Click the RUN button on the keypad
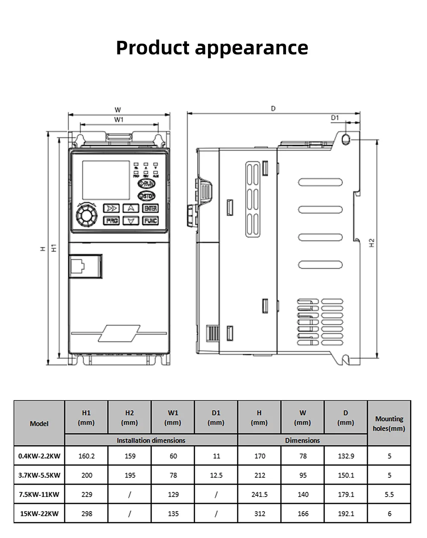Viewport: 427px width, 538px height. coord(146,184)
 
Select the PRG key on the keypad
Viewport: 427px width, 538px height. coord(112,221)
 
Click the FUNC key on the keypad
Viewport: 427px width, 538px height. coord(150,221)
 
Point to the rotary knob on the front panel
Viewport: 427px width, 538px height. coord(87,215)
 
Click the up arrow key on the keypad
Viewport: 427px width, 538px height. coord(131,208)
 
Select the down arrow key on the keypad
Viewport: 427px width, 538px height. coord(131,221)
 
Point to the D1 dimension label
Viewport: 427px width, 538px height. coord(335,118)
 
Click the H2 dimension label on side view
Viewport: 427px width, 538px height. coord(372,243)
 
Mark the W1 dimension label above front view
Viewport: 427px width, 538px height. coord(118,120)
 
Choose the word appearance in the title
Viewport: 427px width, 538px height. coord(252,48)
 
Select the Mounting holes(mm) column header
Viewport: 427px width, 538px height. coord(389,423)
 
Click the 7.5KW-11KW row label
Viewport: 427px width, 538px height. coord(39,495)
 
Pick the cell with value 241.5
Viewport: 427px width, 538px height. coord(260,495)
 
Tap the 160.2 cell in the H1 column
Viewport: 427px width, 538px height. coord(86,456)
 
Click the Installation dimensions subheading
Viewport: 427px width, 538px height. coord(151,440)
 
